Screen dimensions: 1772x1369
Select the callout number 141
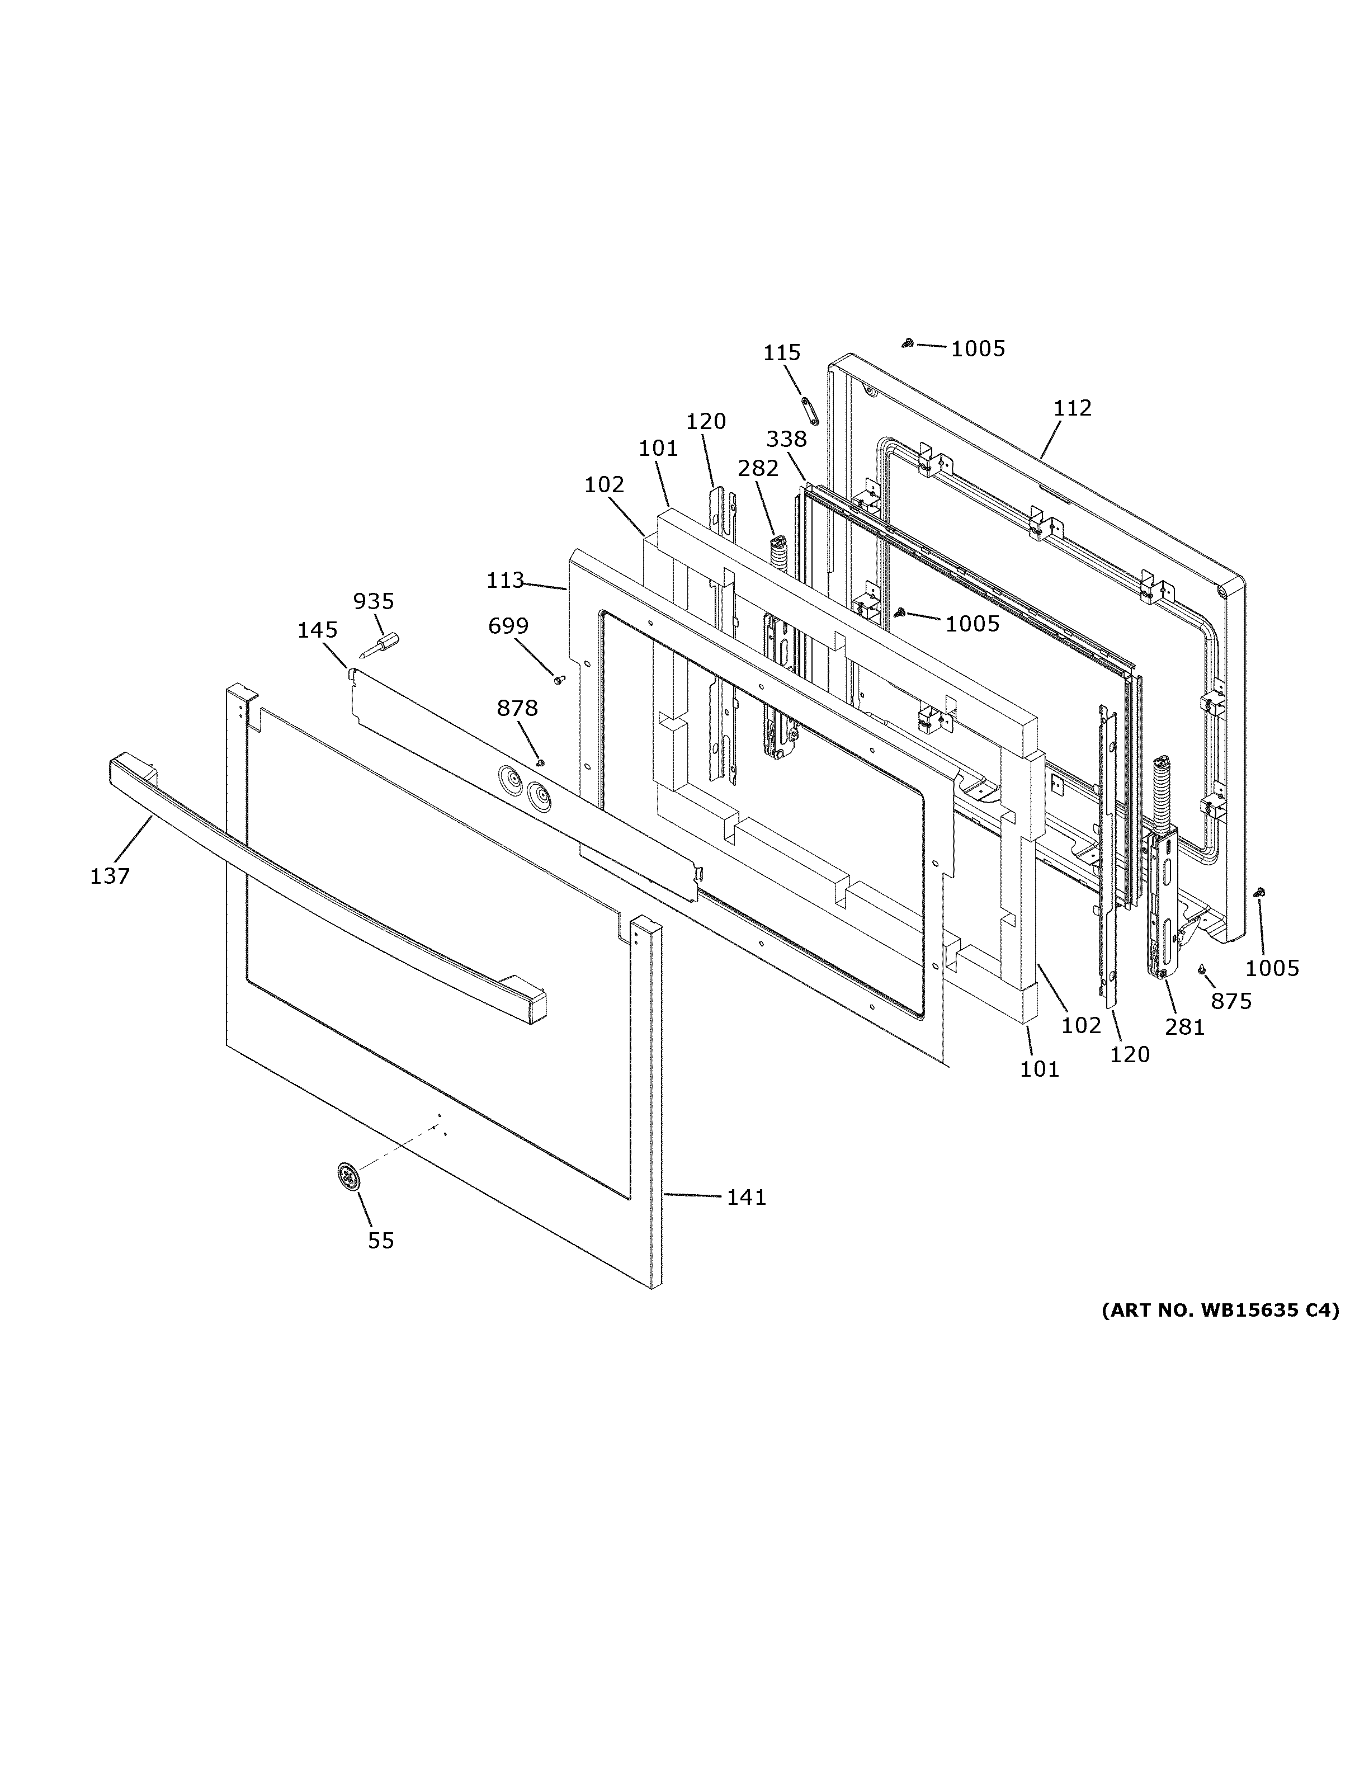tap(746, 1197)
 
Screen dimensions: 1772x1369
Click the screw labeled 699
tap(559, 679)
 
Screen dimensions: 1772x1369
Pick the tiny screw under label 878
tap(540, 762)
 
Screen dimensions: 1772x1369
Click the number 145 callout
tap(317, 630)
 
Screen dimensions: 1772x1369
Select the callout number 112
tap(1072, 408)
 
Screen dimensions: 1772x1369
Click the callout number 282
tap(758, 468)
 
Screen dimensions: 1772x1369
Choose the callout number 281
tap(1185, 1027)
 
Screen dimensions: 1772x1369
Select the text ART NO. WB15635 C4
tap(1220, 1309)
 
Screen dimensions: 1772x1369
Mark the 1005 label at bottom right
tap(1272, 968)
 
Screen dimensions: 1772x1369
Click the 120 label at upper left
tap(706, 421)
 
